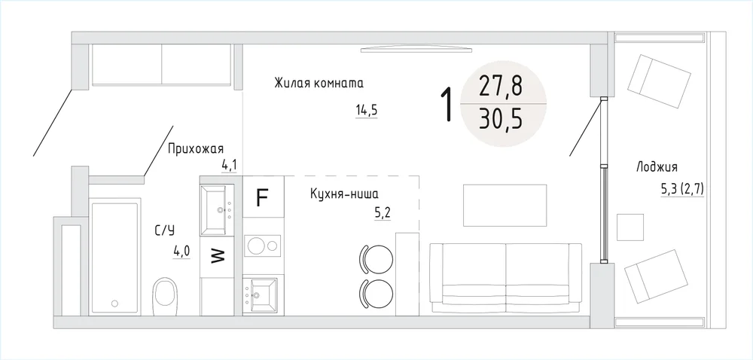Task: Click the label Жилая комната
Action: (319, 83)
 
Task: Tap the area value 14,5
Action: (367, 111)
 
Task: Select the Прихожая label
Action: (196, 149)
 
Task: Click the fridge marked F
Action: (263, 197)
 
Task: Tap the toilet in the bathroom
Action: (166, 297)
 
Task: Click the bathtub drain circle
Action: (114, 303)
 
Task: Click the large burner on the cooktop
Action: (255, 246)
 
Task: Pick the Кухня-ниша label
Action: (344, 194)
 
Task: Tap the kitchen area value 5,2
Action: (383, 212)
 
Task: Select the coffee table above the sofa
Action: (505, 205)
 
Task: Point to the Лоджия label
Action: (657, 167)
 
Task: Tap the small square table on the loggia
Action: (630, 227)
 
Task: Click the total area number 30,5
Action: (501, 120)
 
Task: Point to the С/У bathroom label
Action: (165, 231)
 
